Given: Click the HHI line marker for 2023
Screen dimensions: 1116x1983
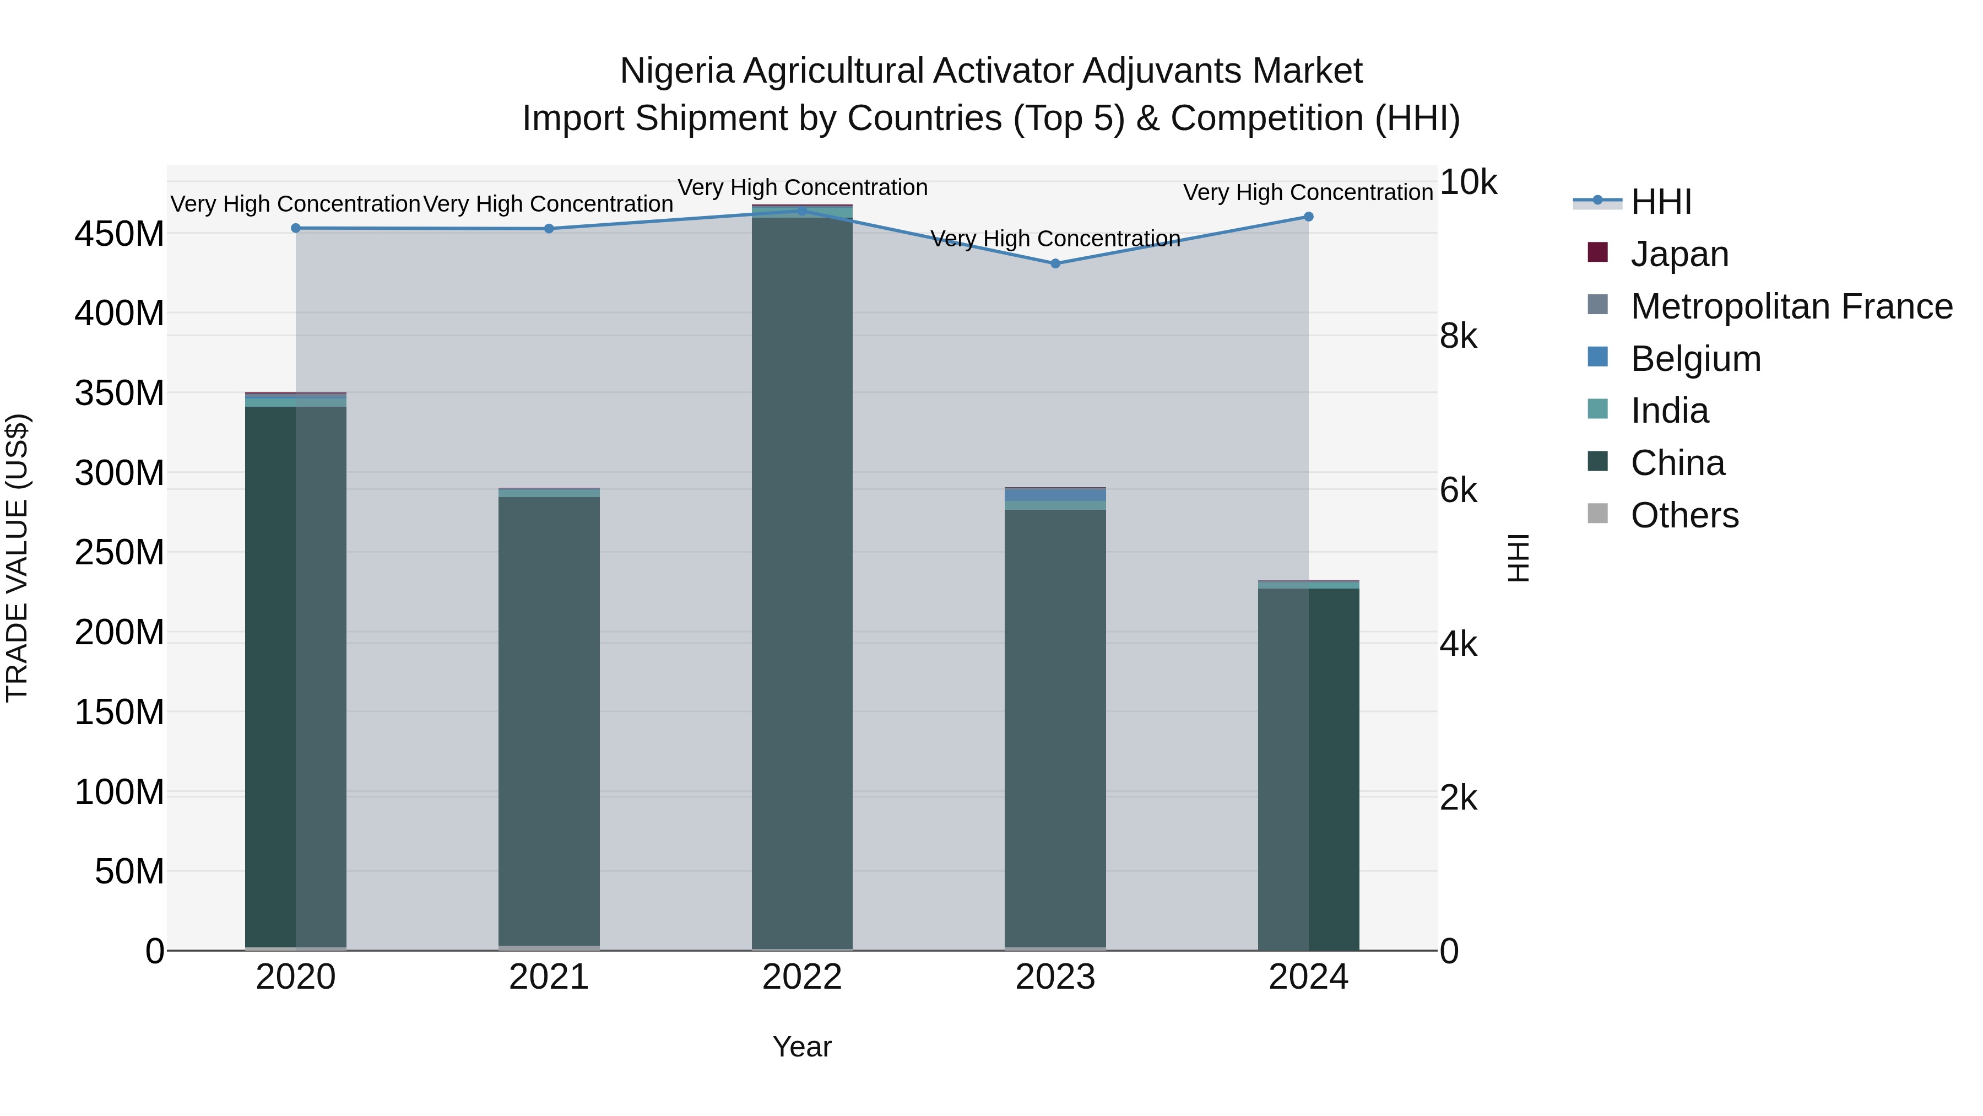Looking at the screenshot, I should pyautogui.click(x=1055, y=263).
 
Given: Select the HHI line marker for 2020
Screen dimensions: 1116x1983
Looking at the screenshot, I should pyautogui.click(x=296, y=228).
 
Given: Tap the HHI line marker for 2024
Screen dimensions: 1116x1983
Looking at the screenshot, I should pyautogui.click(x=1308, y=217).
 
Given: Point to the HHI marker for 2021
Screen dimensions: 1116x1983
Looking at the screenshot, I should pyautogui.click(x=549, y=229).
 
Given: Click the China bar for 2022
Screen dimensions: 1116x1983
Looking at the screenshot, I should pyautogui.click(x=802, y=585).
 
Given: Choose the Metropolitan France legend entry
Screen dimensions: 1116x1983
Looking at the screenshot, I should pyautogui.click(x=1791, y=306).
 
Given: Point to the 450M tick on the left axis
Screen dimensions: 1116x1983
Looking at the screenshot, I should pyautogui.click(x=120, y=233).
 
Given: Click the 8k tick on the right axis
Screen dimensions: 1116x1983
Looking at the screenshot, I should pyautogui.click(x=1458, y=337).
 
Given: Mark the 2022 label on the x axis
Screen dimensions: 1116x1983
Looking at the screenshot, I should pyautogui.click(x=802, y=977).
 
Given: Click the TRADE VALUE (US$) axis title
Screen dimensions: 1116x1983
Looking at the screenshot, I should pyautogui.click(x=17, y=558).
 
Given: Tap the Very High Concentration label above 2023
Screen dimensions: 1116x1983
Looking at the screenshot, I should pyautogui.click(x=1055, y=239).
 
